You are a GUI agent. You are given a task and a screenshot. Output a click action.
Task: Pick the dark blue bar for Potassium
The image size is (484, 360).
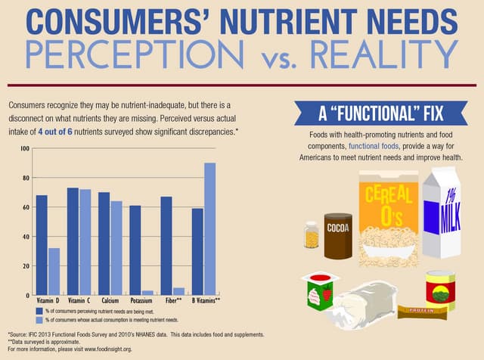(x=135, y=250)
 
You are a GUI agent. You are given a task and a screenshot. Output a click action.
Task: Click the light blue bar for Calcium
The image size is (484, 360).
(x=116, y=247)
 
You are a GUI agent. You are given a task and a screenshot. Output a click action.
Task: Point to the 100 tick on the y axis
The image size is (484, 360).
(x=24, y=149)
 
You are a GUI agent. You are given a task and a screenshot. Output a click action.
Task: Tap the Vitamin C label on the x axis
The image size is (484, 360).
(x=79, y=301)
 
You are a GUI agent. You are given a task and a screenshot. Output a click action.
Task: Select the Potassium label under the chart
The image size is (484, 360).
(x=141, y=301)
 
